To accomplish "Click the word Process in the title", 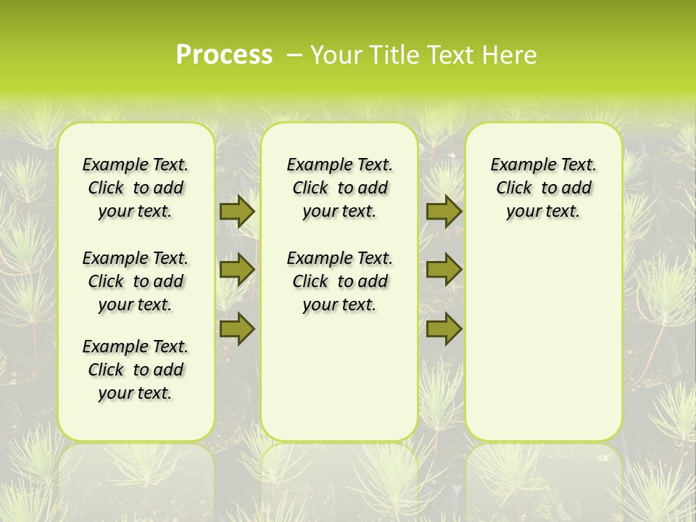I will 224,55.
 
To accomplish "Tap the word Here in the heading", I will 510,55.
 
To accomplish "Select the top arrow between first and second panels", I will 237,212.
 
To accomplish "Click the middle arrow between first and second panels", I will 237,270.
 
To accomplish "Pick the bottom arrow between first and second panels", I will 237,328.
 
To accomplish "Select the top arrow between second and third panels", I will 444,212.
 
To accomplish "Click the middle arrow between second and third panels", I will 444,270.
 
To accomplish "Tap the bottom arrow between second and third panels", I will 444,328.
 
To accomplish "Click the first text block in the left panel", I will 136,188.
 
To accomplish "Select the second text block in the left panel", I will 136,281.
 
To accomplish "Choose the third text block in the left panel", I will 136,370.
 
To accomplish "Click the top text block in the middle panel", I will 339,188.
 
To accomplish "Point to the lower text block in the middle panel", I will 339,281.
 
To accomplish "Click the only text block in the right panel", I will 544,188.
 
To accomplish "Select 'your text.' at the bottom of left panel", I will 136,394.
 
